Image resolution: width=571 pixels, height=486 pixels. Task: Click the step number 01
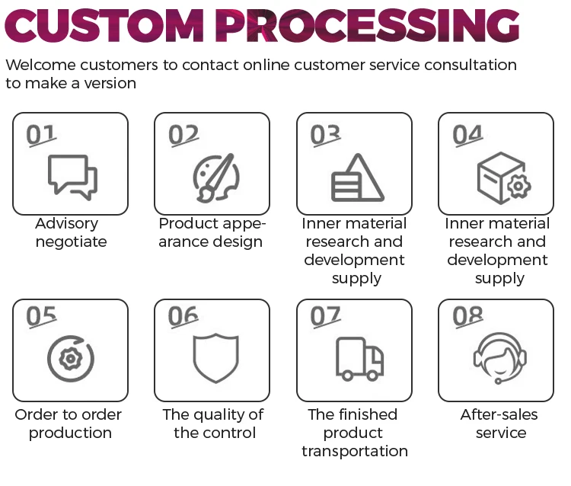point(41,135)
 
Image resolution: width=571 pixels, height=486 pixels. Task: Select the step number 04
point(467,135)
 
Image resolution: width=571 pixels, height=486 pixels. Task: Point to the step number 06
point(183,316)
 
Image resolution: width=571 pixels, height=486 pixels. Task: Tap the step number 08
point(467,316)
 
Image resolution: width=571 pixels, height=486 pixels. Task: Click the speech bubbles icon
point(72,177)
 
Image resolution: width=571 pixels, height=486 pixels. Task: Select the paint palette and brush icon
point(213,177)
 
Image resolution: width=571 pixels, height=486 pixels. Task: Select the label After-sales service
point(499,424)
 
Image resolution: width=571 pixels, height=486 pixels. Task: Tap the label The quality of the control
point(212,424)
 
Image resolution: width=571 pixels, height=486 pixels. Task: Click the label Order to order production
point(69,424)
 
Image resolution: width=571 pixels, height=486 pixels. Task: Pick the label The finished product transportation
point(354,433)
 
